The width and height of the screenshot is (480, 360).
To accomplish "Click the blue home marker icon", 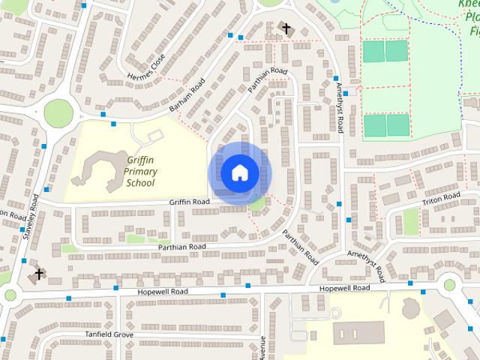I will pos(239,172).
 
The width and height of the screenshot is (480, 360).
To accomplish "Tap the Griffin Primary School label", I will pos(141,171).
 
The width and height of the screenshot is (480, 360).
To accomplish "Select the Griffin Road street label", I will pos(189,202).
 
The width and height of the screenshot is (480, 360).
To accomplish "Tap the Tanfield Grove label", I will pos(109,334).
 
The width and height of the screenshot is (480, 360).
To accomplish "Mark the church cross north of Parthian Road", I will pos(286,29).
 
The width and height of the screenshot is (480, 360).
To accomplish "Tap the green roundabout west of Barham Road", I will pos(58,114).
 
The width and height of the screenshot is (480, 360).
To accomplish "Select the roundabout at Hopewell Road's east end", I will pos(450,285).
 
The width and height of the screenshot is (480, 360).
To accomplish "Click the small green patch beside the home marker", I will pos(257,203).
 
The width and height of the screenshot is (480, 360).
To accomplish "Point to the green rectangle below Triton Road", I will pos(410,221).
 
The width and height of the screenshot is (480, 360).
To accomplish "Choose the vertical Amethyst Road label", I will pos(340,109).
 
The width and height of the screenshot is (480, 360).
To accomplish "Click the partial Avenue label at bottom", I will pos(262,347).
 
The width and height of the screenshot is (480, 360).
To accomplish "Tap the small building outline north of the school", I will pos(155,136).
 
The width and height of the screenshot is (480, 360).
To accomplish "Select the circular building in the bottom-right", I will pos(412,307).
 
